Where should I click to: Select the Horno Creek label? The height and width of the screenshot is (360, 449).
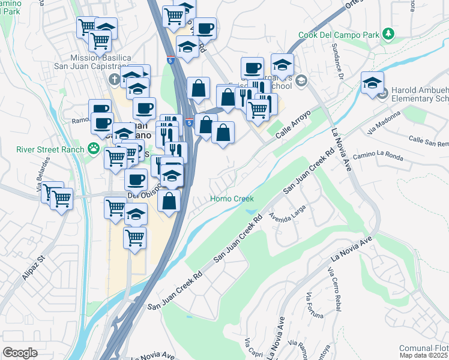coord(232,199)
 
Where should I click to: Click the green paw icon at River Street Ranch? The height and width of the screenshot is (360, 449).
coord(93,148)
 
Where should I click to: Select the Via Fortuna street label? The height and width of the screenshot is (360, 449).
coord(315,306)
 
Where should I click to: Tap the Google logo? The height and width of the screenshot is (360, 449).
coord(20,353)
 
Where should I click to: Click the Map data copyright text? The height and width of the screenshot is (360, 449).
coord(424,355)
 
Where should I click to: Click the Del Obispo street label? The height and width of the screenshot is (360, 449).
coord(141,196)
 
